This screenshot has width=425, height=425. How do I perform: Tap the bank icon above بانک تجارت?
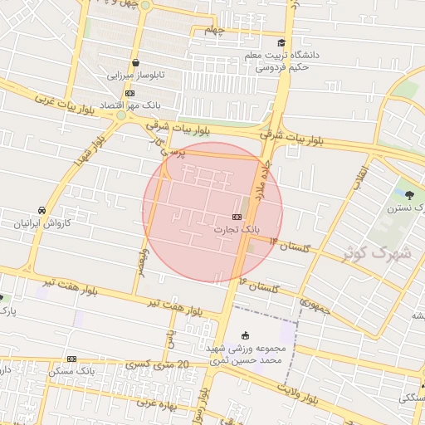pos(237,216)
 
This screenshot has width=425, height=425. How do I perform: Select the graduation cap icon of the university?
pos(281,42)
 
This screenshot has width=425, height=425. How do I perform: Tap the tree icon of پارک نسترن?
pos(410,195)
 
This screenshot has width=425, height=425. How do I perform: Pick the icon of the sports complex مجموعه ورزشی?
pos(244,335)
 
